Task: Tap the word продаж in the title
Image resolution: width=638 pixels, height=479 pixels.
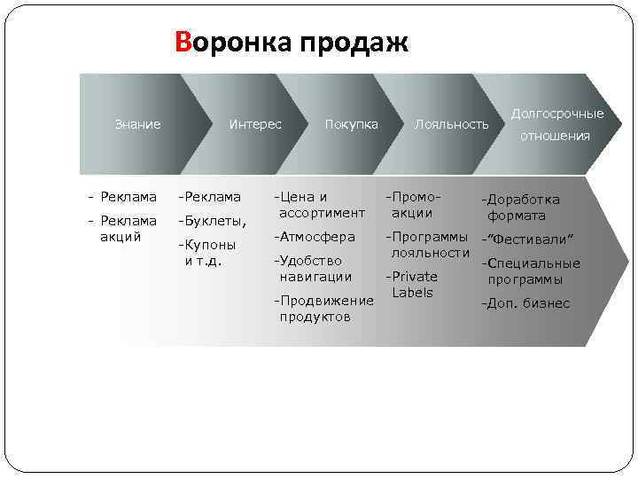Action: pos(354,43)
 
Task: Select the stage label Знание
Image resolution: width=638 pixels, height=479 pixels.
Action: pos(138,124)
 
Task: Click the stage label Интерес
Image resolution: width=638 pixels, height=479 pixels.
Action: pos(255,124)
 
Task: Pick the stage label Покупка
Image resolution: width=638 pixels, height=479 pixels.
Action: pos(352,124)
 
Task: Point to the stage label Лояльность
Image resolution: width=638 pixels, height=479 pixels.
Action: pos(452,124)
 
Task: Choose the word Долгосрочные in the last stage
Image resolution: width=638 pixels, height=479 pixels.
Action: pos(558,114)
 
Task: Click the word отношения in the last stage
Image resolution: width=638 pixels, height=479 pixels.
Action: pos(555,136)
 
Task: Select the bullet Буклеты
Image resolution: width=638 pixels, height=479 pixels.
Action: pos(213,221)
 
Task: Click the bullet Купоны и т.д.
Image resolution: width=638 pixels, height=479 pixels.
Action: pos(209,253)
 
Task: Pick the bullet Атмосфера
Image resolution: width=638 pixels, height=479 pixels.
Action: pos(315,237)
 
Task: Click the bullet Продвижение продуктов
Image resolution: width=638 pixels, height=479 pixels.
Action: pos(323,309)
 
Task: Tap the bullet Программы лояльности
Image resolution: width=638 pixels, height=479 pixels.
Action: pos(428,245)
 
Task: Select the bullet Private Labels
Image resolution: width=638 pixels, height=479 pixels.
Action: pos(413,284)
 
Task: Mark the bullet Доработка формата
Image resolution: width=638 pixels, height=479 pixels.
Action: pos(522,208)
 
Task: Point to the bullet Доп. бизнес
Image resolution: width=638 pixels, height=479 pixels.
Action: pos(525,303)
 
